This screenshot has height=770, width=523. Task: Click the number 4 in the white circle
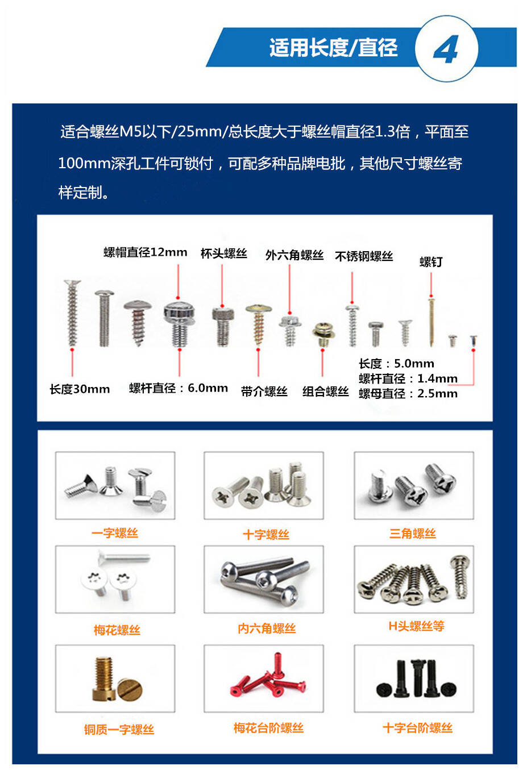point(446,49)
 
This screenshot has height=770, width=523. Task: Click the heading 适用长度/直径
point(333,47)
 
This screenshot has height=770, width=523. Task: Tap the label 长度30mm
point(80,389)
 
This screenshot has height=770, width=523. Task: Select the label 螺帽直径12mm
point(145,252)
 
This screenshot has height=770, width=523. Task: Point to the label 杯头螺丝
point(224,253)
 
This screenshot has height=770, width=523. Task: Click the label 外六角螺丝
point(294,255)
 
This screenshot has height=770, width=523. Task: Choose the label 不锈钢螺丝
point(364,256)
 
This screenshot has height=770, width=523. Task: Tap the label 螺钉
point(431,262)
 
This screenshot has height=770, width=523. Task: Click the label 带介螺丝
point(264,391)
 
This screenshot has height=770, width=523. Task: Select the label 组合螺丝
point(326,391)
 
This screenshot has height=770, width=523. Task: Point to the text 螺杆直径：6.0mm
point(179,388)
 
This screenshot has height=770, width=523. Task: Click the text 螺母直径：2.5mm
point(408,393)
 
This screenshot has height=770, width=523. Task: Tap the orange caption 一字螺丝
point(115,533)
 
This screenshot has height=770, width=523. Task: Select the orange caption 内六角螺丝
point(267,629)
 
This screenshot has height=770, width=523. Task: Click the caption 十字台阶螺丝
point(417,728)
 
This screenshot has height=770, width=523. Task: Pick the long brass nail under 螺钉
point(431,322)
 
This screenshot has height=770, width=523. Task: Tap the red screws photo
point(264,679)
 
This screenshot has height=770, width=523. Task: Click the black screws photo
point(414,679)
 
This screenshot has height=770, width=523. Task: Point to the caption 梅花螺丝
point(117,630)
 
